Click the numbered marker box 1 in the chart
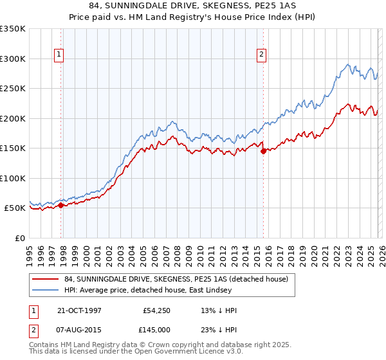[59, 55]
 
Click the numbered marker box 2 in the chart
[262, 55]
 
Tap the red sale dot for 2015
[264, 152]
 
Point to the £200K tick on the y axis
[13, 118]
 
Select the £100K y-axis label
[13, 178]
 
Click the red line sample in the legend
[46, 278]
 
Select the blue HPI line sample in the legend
[46, 291]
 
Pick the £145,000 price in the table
[158, 330]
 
